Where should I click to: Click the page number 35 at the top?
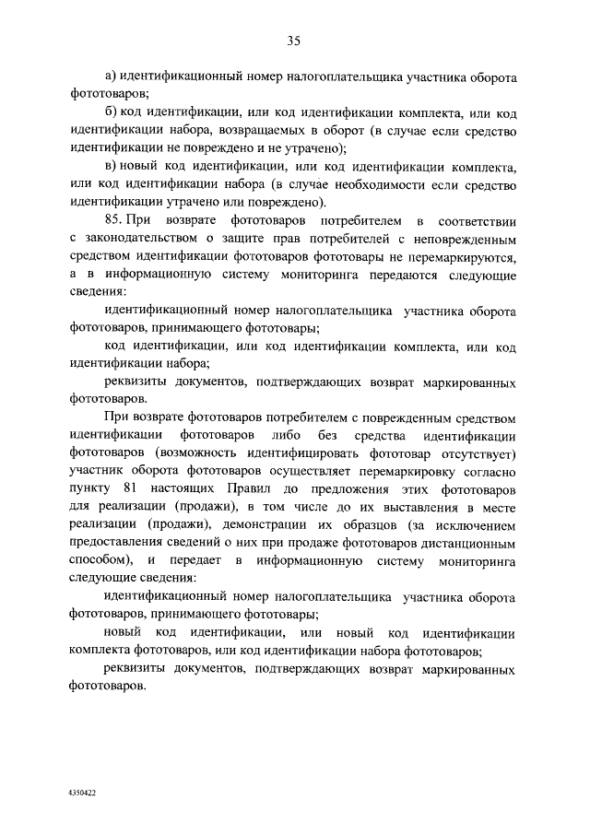coord(294,41)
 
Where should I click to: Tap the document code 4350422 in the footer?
coord(82,793)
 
